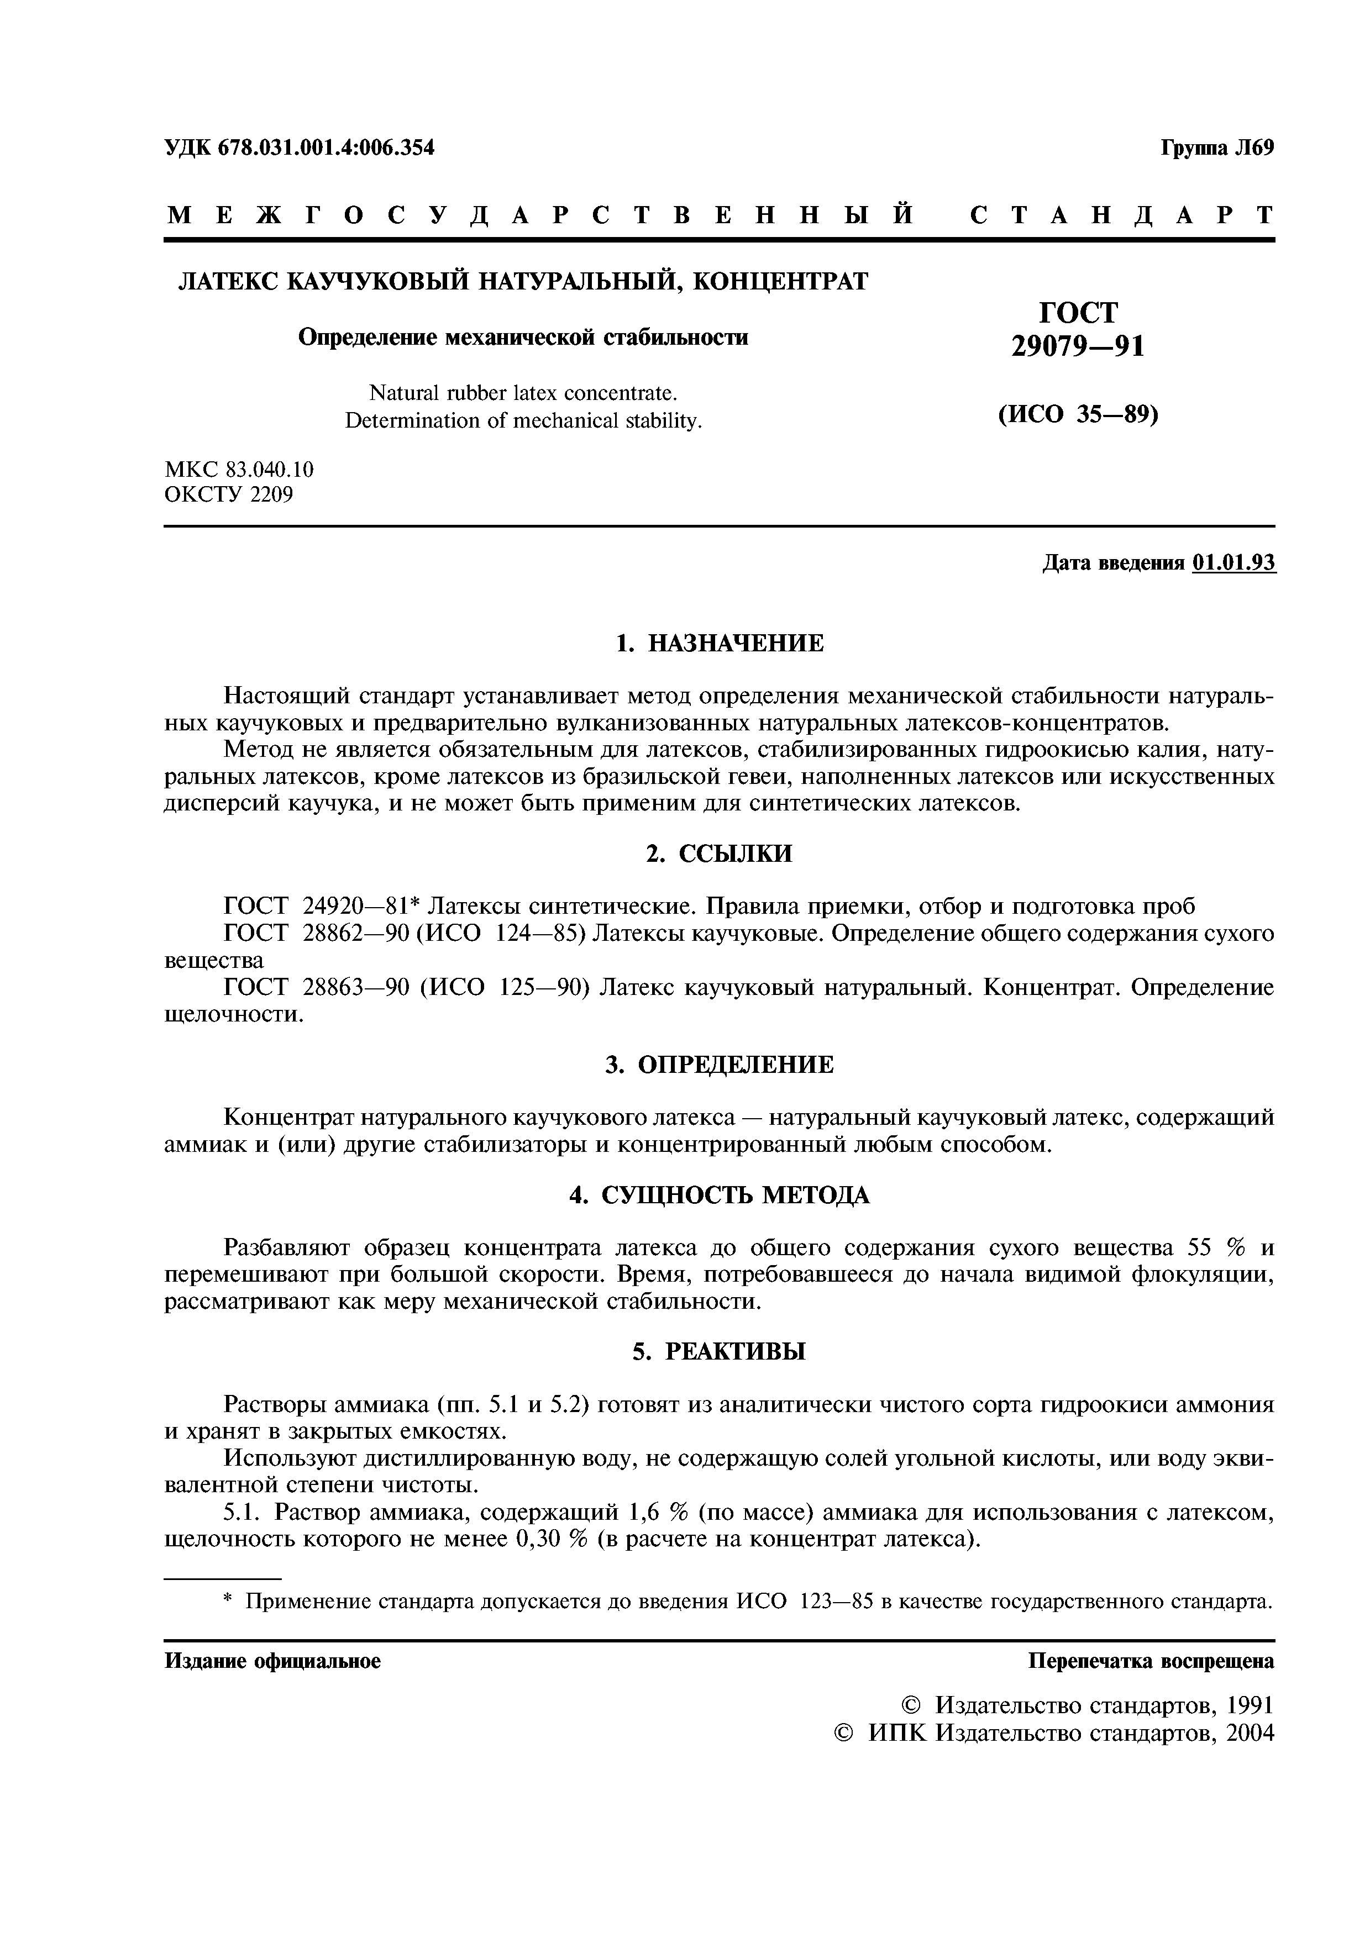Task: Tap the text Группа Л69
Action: click(1216, 148)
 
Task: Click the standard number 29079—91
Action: click(1078, 346)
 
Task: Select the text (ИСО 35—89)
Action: click(1078, 414)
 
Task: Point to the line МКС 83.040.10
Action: click(239, 469)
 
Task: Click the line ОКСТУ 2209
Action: click(228, 494)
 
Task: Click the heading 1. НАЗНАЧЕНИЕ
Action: click(719, 643)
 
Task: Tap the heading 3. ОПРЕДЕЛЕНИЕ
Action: click(719, 1065)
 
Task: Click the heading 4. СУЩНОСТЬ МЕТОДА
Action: click(719, 1195)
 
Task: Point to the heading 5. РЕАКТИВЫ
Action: click(719, 1351)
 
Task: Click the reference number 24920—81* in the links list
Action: click(361, 907)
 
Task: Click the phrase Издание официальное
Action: click(272, 1661)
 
